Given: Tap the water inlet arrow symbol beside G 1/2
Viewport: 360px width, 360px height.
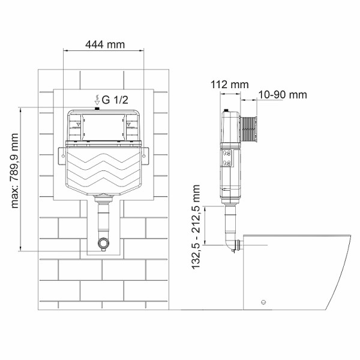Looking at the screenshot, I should pos(97,100).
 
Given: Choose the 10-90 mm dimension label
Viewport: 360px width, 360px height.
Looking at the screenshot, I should pos(282,95).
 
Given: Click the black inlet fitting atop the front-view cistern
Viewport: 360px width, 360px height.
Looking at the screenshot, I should pos(97,109).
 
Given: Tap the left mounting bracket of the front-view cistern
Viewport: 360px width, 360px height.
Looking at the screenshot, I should pos(62,156).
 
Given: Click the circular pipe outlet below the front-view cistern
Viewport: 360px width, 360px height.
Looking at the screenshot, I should pos(104,244).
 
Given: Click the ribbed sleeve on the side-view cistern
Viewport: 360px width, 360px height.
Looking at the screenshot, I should pos(248,128).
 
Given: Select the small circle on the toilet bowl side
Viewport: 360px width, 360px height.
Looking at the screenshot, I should pos(262,302).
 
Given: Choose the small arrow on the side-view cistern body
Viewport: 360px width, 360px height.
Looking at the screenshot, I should pos(224,187).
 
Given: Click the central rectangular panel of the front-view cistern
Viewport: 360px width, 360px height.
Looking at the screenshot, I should pos(103,127).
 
